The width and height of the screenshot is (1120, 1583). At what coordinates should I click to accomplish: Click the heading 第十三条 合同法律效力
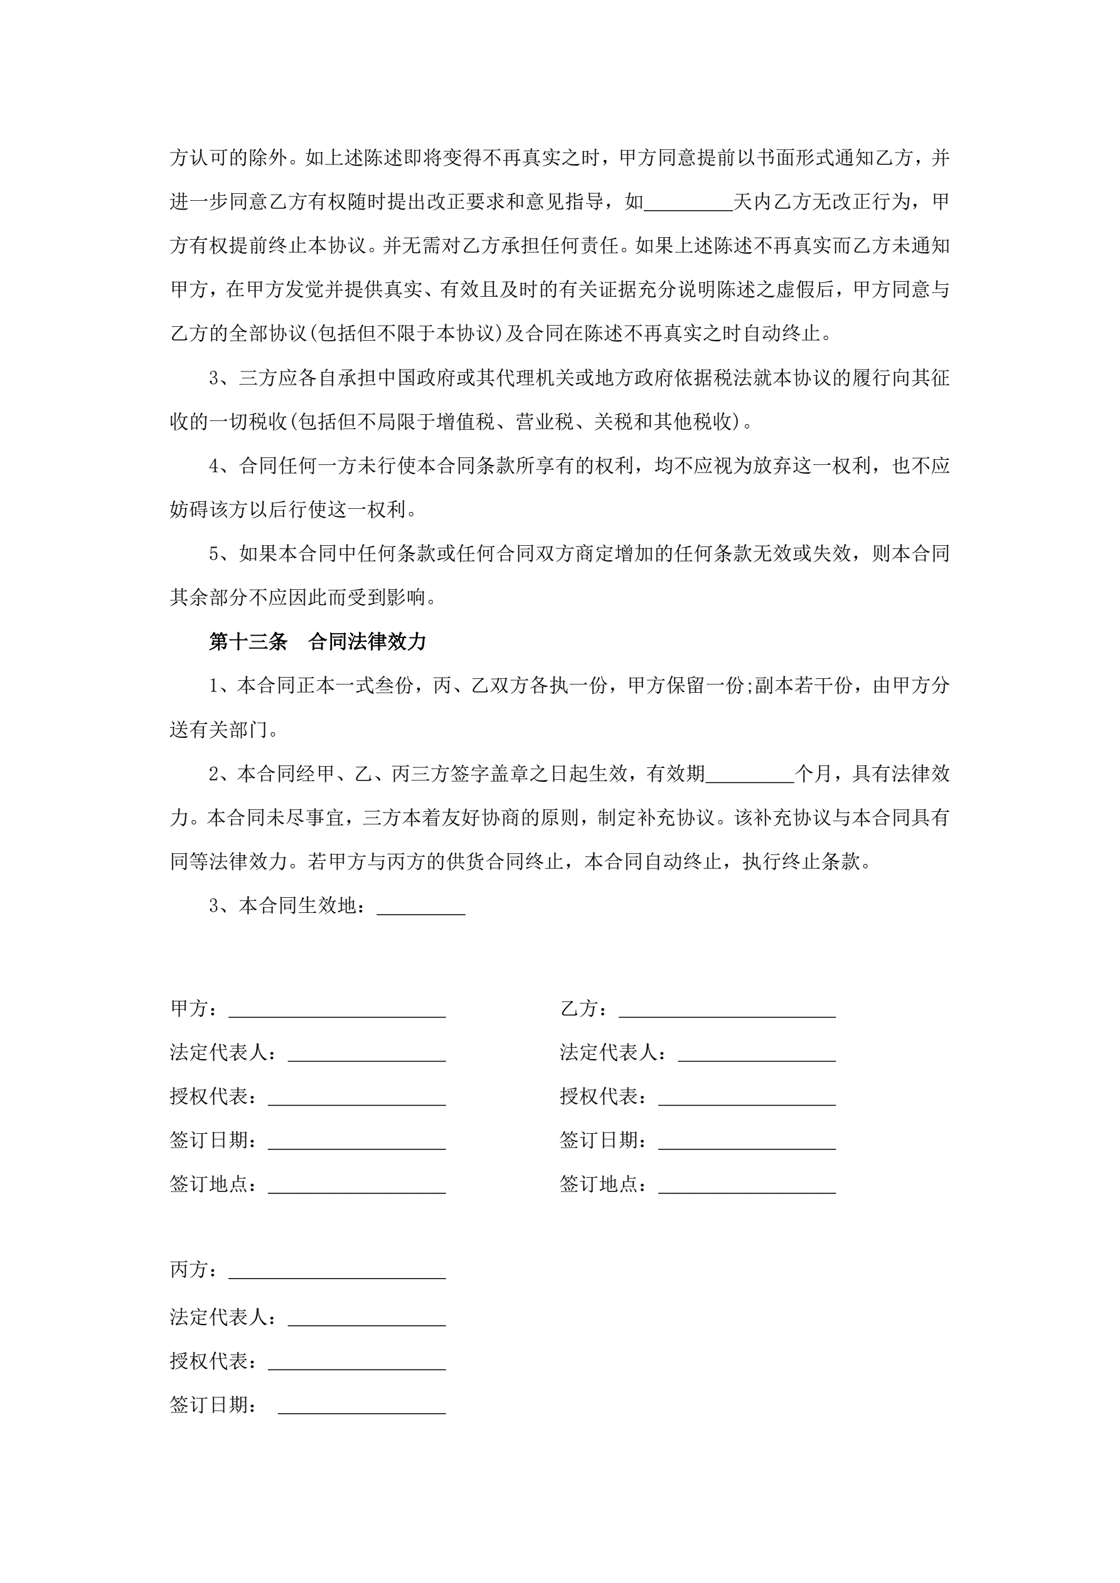317,642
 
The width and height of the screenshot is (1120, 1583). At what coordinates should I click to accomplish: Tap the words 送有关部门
218,730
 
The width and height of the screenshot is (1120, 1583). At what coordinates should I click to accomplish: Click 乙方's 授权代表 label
604,1096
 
